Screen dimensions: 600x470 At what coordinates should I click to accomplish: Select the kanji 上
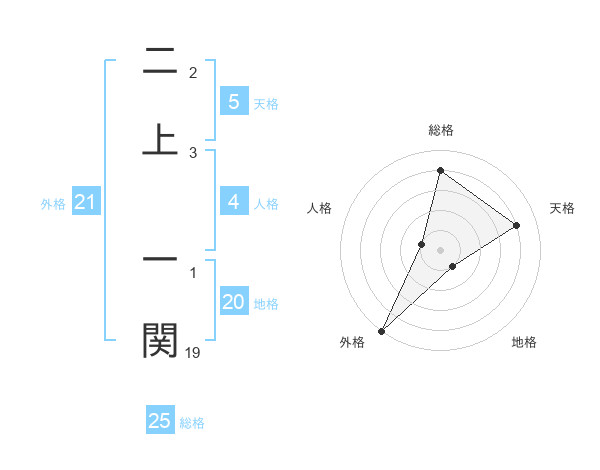click(160, 139)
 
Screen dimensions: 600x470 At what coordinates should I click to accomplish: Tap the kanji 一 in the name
click(160, 259)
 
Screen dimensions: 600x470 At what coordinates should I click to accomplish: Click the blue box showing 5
click(233, 102)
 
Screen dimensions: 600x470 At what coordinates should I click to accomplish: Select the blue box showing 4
click(233, 202)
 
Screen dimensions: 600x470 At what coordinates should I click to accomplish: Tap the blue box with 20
click(233, 302)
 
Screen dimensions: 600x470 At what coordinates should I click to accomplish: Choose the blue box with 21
click(85, 203)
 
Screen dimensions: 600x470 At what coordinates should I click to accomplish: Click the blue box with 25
click(160, 421)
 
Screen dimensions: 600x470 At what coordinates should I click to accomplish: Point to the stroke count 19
click(193, 352)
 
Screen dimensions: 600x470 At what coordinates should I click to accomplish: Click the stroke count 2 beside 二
click(193, 73)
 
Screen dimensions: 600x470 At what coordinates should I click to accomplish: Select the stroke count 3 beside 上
click(193, 152)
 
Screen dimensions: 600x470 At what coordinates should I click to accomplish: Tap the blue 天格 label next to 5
click(265, 103)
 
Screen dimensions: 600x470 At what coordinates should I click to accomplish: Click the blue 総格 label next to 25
click(192, 422)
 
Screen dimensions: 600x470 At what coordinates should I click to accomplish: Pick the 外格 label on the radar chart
click(352, 342)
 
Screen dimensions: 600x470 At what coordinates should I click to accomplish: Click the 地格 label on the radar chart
click(524, 342)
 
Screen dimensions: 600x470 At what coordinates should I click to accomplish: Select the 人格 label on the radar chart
click(320, 208)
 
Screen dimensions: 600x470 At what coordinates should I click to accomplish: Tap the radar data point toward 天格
click(517, 225)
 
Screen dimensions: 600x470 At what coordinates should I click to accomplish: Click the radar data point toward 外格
click(381, 330)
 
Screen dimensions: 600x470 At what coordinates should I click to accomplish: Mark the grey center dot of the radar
click(440, 250)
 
